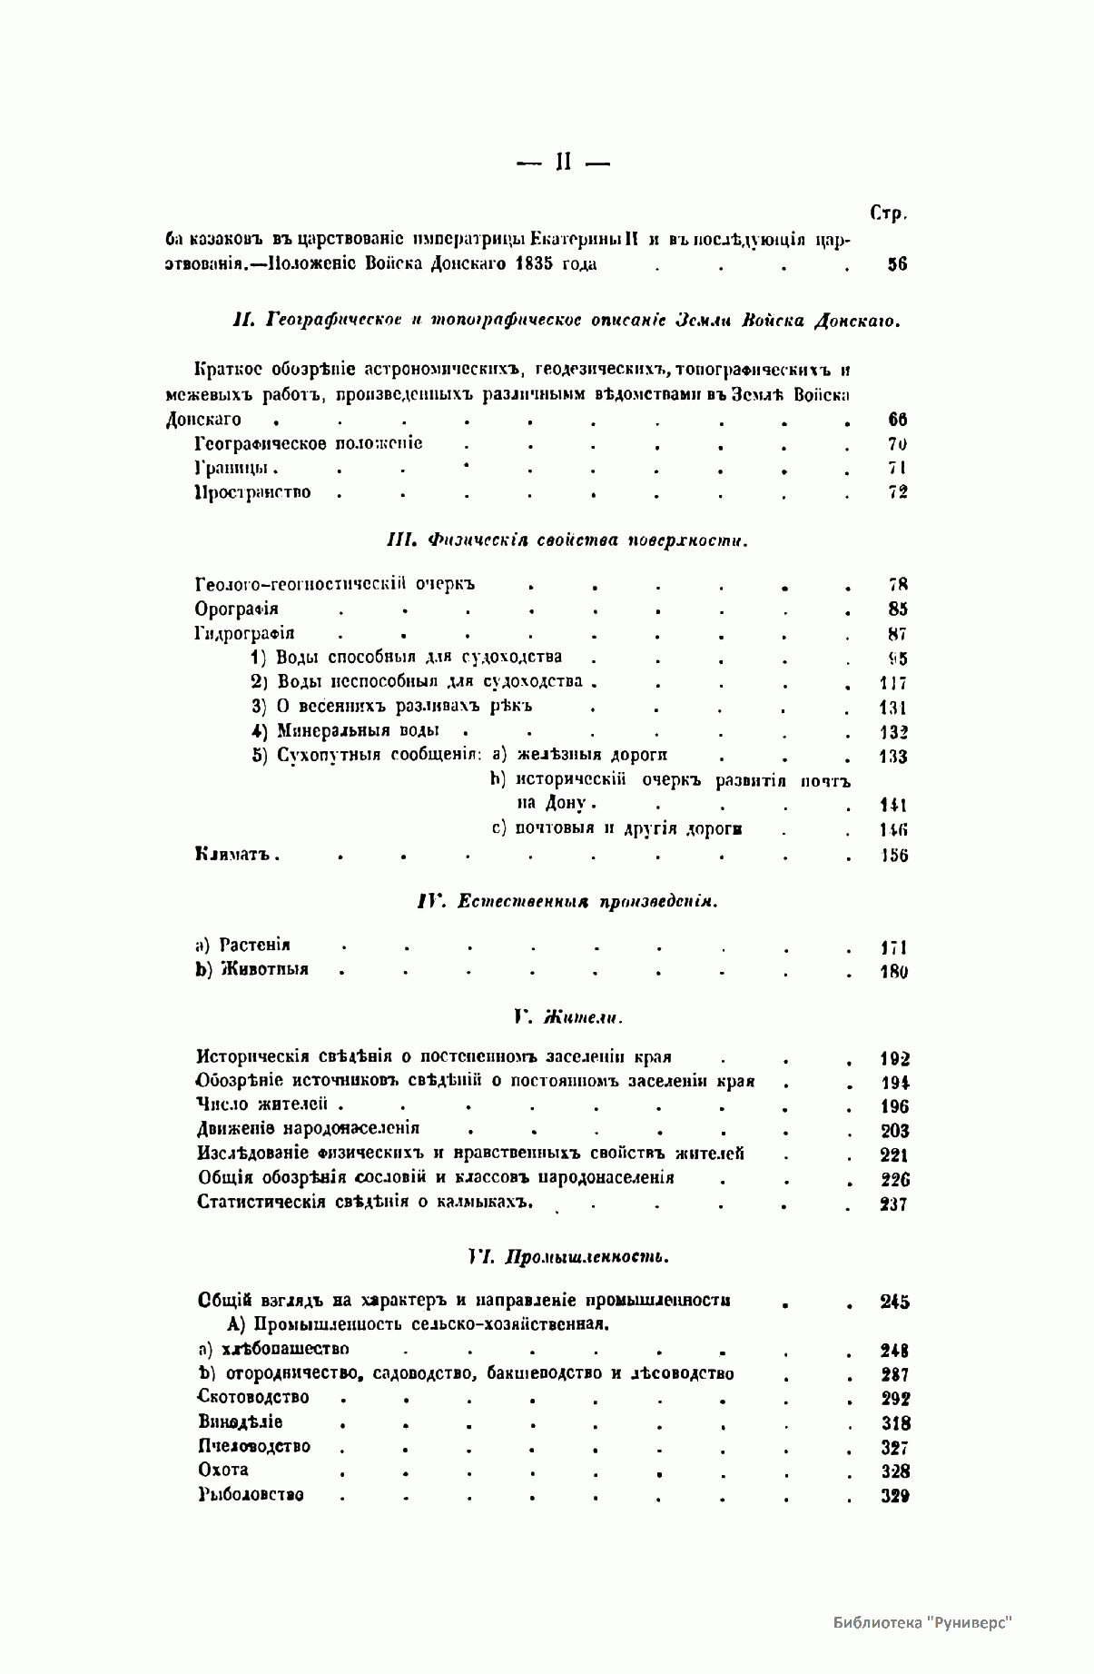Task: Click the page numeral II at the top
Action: tap(562, 163)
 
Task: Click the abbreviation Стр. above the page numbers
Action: tap(888, 214)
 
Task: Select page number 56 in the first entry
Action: tap(896, 265)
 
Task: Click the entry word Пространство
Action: tap(253, 493)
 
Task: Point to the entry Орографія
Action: tap(236, 609)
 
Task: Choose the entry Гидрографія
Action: tap(244, 634)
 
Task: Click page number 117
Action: tap(892, 683)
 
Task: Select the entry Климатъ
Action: tap(235, 855)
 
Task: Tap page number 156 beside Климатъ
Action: tap(893, 856)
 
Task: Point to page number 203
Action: tap(894, 1131)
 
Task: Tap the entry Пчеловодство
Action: tap(254, 1446)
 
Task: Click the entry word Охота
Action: tap(223, 1470)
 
